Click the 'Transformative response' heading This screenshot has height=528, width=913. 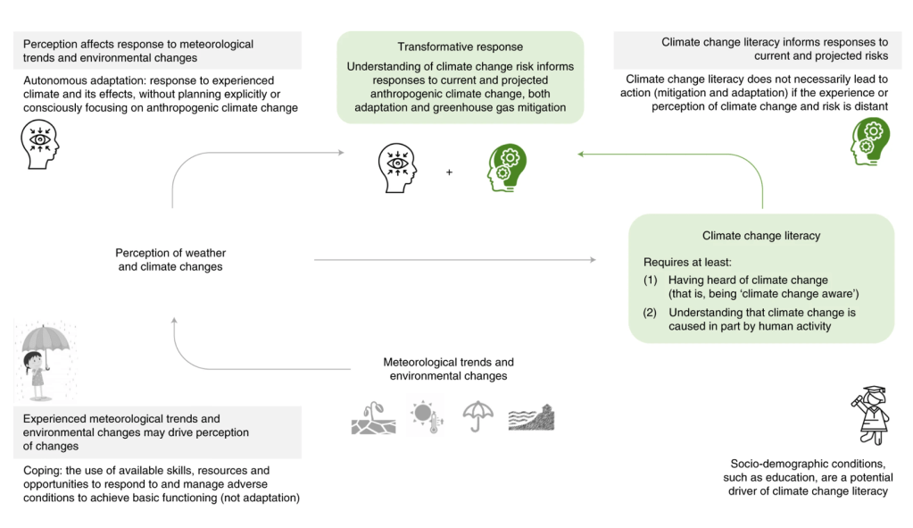(x=460, y=46)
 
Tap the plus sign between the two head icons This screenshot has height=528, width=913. (x=449, y=171)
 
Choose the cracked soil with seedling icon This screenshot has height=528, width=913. (x=373, y=418)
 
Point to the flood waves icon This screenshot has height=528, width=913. (x=531, y=417)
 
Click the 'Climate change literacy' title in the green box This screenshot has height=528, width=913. (x=761, y=236)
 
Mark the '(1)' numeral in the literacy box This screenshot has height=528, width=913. (x=651, y=281)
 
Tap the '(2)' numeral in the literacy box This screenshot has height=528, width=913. (x=651, y=313)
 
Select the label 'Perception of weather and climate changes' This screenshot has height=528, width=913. (x=170, y=260)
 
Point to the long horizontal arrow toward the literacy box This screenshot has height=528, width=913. (x=455, y=260)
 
